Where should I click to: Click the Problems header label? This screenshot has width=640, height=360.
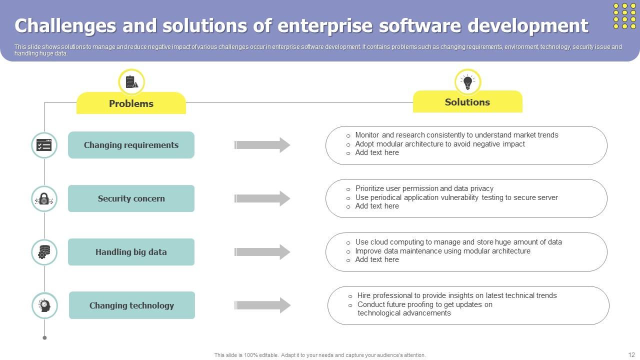[x=131, y=103]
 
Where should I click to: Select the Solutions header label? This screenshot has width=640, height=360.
[x=467, y=102]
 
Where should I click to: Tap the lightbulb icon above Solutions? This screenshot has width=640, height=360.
[x=467, y=82]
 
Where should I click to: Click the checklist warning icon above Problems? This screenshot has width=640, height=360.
[x=131, y=82]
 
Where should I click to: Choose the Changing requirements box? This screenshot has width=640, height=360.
[x=131, y=145]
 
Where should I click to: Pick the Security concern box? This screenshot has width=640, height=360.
[x=131, y=198]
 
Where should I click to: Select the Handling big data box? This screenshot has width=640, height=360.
[x=131, y=252]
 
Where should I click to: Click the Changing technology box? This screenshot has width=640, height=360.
[x=131, y=305]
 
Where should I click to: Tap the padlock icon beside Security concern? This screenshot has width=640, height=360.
[x=44, y=198]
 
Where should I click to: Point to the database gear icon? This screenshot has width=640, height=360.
[x=44, y=252]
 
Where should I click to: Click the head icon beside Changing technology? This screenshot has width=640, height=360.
[x=44, y=305]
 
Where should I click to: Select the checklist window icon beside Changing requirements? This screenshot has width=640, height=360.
[x=44, y=145]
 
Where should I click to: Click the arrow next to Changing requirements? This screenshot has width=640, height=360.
[x=262, y=145]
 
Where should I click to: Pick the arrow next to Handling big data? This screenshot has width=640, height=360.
[x=262, y=252]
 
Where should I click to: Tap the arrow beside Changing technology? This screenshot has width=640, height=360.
[x=262, y=305]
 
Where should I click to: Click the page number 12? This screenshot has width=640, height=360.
[x=631, y=354]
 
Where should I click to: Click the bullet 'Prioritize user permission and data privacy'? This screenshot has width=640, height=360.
[x=424, y=188]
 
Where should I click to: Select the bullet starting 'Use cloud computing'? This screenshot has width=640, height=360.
[x=458, y=242]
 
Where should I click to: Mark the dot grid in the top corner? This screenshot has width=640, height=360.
[x=624, y=16]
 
